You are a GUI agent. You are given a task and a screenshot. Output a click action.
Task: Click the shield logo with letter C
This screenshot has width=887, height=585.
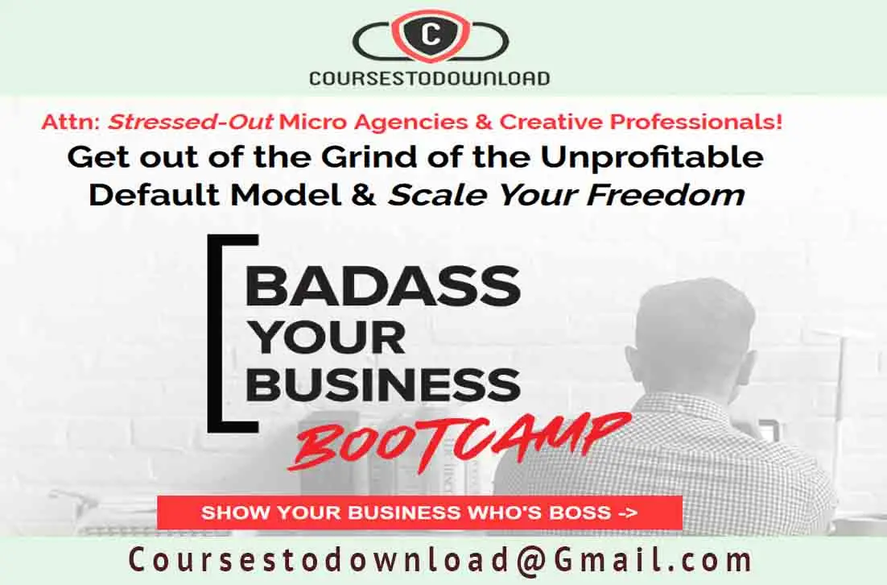(431, 35)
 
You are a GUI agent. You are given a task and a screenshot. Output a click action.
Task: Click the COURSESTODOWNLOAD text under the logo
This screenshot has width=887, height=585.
(430, 77)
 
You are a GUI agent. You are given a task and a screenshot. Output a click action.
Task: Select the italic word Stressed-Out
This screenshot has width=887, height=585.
(192, 122)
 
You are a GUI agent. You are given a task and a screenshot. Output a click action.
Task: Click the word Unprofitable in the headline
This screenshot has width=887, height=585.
(652, 158)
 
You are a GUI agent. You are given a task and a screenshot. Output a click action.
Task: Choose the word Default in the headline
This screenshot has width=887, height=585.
(155, 195)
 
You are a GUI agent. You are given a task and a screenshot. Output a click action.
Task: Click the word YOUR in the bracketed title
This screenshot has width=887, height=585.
(327, 338)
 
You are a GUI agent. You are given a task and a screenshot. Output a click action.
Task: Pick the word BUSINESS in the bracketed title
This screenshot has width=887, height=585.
(383, 384)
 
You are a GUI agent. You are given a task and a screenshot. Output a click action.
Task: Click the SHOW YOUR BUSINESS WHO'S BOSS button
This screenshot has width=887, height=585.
(419, 512)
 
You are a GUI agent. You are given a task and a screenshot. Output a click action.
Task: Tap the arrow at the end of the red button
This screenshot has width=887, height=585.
(627, 513)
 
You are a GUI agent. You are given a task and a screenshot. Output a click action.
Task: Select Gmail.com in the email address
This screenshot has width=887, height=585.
(654, 559)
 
